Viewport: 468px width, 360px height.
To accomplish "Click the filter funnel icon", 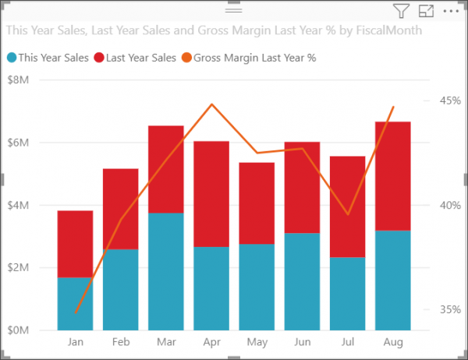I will coord(401,11).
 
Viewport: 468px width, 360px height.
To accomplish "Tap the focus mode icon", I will coord(426,11).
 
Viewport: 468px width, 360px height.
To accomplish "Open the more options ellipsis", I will coord(451,11).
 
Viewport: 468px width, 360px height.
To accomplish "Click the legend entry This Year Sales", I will coord(48,57).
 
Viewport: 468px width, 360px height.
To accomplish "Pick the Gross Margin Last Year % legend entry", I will coord(243,57).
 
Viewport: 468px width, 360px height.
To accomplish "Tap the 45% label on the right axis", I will coord(448,101).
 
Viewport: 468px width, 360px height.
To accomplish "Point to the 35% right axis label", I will coord(448,309).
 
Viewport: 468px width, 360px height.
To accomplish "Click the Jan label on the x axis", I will coord(76,342).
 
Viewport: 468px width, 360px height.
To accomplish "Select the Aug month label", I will coord(392,342).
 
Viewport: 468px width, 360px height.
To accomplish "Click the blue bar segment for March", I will coord(165,271).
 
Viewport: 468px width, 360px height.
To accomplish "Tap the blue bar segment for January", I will coord(75,304).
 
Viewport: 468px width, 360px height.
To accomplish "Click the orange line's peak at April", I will coord(211,104).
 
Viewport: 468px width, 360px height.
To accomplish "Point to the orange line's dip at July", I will coord(348,214).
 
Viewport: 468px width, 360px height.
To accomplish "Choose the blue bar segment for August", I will coord(393,281).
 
